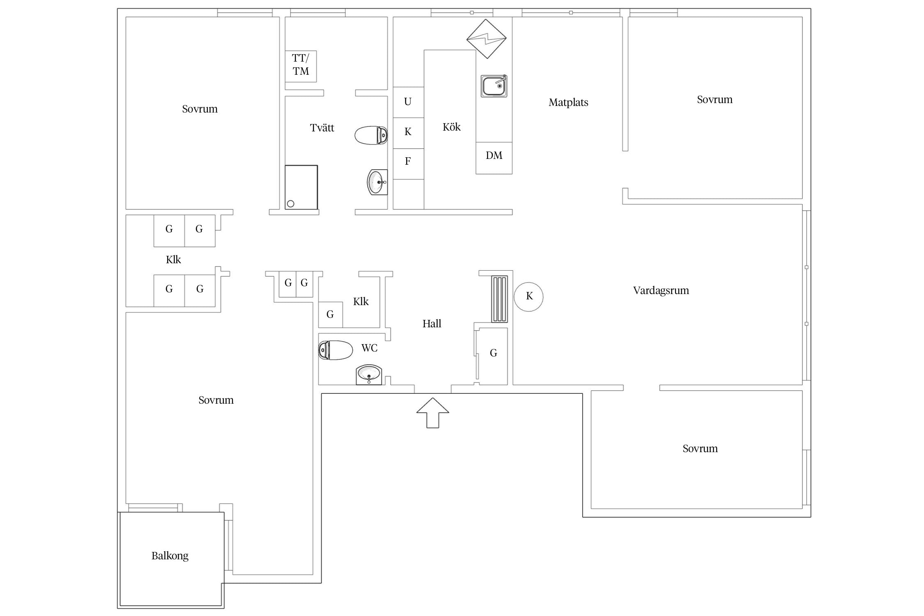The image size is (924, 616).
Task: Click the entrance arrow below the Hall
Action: [x=432, y=413]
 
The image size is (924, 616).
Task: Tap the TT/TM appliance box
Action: [x=301, y=66]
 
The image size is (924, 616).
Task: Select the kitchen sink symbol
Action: [x=494, y=86]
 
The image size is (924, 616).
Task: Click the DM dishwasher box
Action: [x=494, y=158]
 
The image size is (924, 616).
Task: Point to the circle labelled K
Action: [x=529, y=297]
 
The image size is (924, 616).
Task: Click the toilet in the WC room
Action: [x=336, y=350]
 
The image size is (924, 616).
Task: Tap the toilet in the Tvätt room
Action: [x=371, y=135]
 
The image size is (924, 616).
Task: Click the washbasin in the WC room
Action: [x=369, y=375]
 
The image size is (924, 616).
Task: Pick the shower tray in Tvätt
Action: [x=301, y=187]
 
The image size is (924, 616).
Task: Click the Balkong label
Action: [x=170, y=556]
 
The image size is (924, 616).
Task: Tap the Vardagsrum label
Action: [x=661, y=291]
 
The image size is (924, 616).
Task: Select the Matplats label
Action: [x=568, y=103]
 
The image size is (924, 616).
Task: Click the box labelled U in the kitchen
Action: [x=408, y=102]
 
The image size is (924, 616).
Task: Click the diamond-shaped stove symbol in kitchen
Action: [x=487, y=39]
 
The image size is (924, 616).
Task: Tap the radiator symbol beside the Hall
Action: [x=499, y=299]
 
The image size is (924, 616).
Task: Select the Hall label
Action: [x=432, y=324]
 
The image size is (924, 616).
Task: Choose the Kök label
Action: [x=452, y=127]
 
